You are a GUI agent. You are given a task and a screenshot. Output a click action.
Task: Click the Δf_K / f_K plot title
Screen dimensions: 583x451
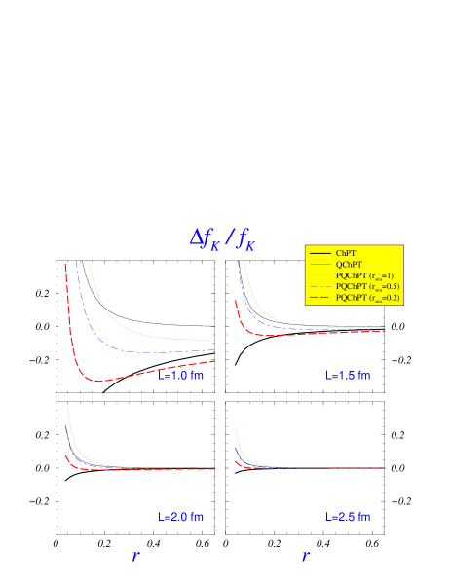tap(222, 238)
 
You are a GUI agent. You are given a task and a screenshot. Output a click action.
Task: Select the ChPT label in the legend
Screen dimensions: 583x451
tap(346, 253)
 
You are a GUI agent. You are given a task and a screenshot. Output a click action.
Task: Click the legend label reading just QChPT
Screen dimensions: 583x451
tap(349, 264)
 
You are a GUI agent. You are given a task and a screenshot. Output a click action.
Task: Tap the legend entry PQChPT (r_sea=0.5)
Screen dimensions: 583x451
tap(366, 286)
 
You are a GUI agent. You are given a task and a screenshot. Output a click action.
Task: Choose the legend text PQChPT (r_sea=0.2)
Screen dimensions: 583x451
tap(366, 298)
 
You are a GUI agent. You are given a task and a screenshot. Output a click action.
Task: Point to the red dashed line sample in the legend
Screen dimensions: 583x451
tap(319, 298)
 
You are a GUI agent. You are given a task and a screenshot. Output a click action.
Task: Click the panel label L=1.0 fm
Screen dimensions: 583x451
tap(181, 376)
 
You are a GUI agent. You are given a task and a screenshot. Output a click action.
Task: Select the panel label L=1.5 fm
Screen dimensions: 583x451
tap(348, 376)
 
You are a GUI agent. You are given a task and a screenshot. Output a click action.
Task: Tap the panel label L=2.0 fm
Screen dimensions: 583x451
tap(181, 517)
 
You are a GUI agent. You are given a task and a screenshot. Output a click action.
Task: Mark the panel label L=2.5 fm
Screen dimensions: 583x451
tap(348, 517)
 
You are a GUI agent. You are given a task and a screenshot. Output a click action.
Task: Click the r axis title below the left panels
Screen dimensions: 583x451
tap(135, 557)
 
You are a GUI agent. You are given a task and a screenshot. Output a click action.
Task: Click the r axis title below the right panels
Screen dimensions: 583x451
tap(305, 557)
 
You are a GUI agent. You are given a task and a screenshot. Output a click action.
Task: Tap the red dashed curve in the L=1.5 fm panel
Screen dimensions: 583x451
tap(292, 334)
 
